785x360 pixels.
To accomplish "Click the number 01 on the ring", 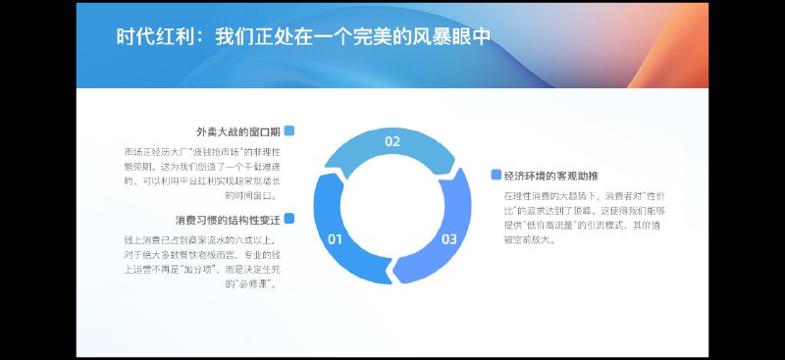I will click(x=335, y=239).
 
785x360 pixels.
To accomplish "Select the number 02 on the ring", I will click(x=392, y=142).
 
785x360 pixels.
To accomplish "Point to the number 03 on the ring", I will click(x=448, y=239).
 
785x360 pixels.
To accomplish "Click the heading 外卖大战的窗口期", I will click(x=238, y=131).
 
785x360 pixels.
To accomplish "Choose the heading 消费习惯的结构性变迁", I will click(x=228, y=219).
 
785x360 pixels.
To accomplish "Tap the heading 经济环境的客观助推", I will click(x=550, y=177).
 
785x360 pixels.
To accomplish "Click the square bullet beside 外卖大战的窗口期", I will click(x=289, y=130).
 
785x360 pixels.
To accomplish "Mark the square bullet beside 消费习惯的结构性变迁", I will click(x=289, y=218).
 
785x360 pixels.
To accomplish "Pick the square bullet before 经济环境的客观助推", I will click(x=496, y=176).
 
